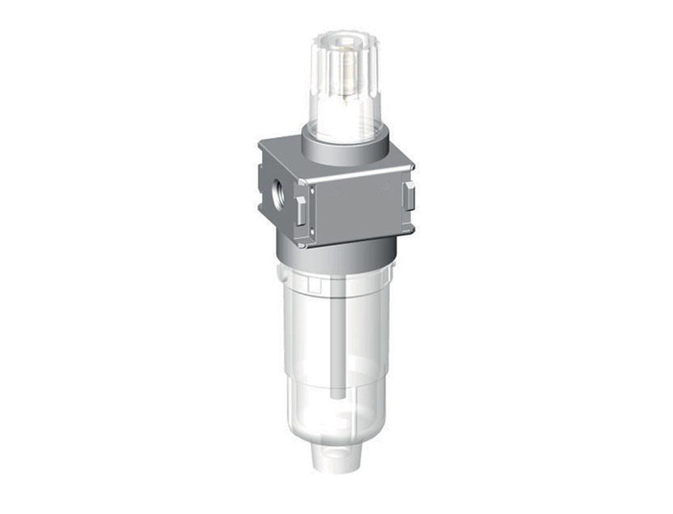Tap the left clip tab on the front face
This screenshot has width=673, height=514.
[x=300, y=210]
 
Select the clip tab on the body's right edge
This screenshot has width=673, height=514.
[x=409, y=195]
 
